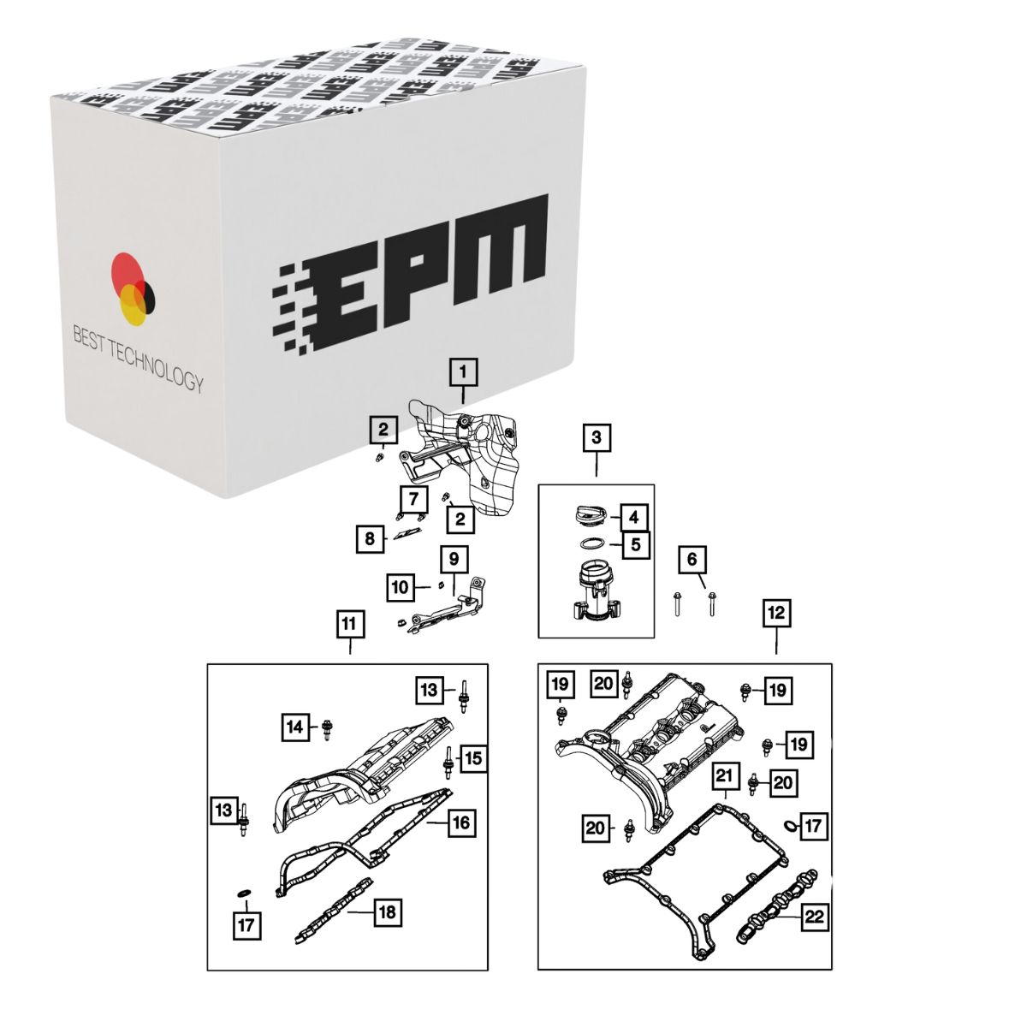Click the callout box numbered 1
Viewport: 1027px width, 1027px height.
pyautogui.click(x=462, y=372)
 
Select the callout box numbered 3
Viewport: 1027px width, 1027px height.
pyautogui.click(x=596, y=437)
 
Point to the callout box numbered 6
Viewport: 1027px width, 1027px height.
pyautogui.click(x=692, y=559)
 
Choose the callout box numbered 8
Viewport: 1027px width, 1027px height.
pyautogui.click(x=370, y=538)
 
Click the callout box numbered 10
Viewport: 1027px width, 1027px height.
pyautogui.click(x=401, y=587)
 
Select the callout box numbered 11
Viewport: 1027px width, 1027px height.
pyautogui.click(x=350, y=624)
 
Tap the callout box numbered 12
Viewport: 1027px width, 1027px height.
pyautogui.click(x=776, y=614)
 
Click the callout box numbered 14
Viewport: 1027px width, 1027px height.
pyautogui.click(x=295, y=727)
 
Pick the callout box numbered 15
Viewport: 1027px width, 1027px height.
pyautogui.click(x=473, y=758)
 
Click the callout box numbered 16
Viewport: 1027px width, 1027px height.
pyautogui.click(x=461, y=822)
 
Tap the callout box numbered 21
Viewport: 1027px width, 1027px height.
pyautogui.click(x=724, y=775)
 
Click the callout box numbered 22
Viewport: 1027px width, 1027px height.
pyautogui.click(x=815, y=917)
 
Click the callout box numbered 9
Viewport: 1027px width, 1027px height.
pyautogui.click(x=454, y=559)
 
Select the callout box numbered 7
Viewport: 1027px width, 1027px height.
pyautogui.click(x=413, y=499)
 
